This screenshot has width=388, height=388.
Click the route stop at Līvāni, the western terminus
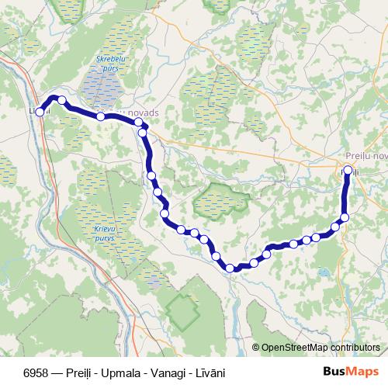click(x=40, y=112)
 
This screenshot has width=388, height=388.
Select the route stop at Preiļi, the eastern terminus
click(x=348, y=170)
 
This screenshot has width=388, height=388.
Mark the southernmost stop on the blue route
click(x=230, y=268)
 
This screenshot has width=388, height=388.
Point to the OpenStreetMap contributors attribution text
click(x=320, y=348)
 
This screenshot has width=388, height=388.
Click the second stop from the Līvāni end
click(x=61, y=100)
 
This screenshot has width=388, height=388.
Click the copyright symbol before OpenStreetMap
click(x=257, y=348)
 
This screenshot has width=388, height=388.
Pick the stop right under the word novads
click(x=139, y=123)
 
